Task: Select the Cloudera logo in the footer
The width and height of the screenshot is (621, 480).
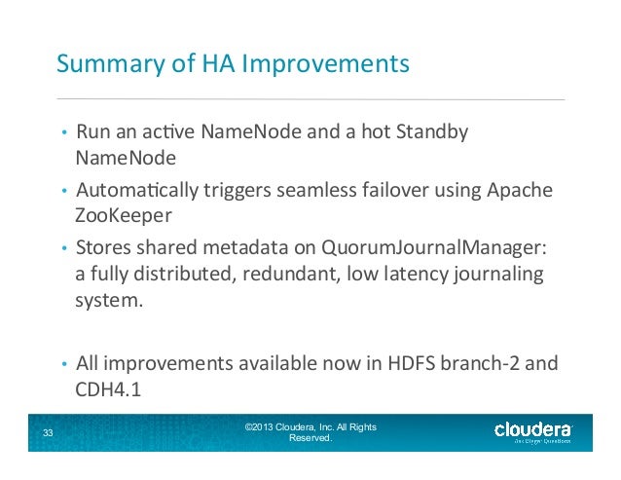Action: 532,431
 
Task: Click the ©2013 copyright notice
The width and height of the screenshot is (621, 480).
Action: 311,432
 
